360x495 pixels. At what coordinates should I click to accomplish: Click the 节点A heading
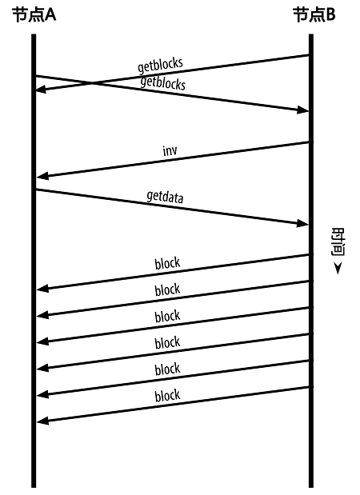pos(34,15)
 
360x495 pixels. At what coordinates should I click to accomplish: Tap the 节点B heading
pos(314,15)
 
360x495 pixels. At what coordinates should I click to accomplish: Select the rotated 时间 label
pos(338,242)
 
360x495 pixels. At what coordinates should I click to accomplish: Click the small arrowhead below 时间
pos(338,269)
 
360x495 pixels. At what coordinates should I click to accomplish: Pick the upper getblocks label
pos(160,65)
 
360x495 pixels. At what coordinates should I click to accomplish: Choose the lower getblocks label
pos(163,83)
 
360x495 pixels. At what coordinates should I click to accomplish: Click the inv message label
pos(170,150)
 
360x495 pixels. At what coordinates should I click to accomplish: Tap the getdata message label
pos(165,197)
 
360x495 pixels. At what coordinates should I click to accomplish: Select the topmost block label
pos(167,263)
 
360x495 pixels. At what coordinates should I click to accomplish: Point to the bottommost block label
pos(167,396)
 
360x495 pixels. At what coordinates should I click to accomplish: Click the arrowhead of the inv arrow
pos(43,176)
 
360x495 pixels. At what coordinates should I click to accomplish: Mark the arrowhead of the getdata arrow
pos(302,223)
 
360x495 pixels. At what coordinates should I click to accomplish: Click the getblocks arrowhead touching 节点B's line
pos(302,110)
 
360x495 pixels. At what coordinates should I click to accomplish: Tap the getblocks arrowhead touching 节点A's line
pos(42,90)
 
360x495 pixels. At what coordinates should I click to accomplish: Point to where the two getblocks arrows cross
pos(92,83)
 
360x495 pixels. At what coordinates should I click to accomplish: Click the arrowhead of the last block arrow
pos(43,421)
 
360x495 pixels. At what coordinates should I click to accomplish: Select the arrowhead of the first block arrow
pos(43,288)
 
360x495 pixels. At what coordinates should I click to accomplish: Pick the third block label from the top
pos(167,317)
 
